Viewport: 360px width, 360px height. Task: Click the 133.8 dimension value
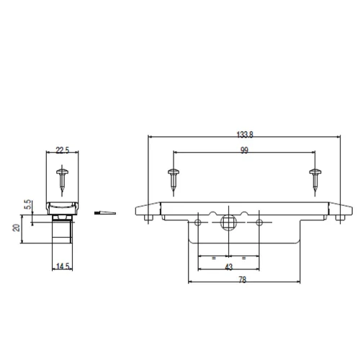(245, 135)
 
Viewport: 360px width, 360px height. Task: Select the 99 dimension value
(244, 150)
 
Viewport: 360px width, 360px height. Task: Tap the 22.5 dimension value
(63, 150)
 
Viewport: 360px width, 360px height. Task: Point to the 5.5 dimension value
(28, 204)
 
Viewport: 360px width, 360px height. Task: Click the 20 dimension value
(17, 228)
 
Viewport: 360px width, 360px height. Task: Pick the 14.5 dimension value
(63, 266)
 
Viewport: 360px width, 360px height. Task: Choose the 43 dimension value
(229, 267)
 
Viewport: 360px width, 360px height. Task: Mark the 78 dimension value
(243, 280)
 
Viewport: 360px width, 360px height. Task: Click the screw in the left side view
(62, 180)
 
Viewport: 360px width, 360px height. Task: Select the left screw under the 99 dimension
(174, 181)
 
